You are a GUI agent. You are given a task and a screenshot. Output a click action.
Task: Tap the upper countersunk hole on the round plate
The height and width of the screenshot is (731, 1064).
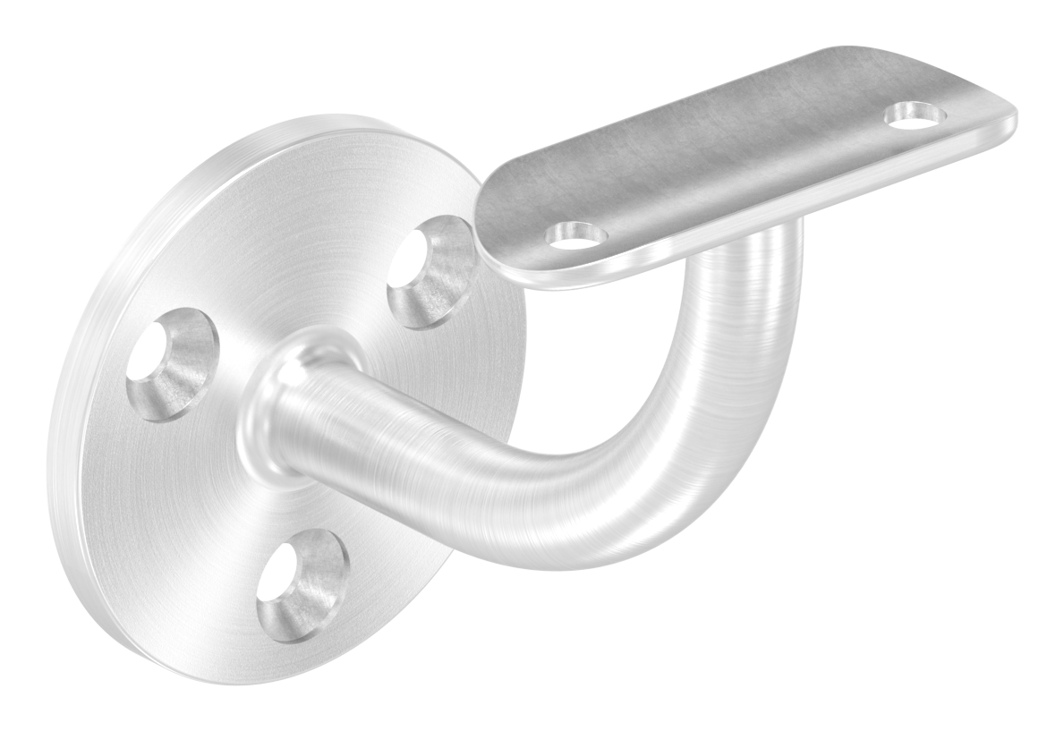[x=431, y=270]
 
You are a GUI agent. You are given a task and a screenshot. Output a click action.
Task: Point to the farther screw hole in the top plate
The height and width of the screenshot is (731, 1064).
[x=915, y=115]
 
